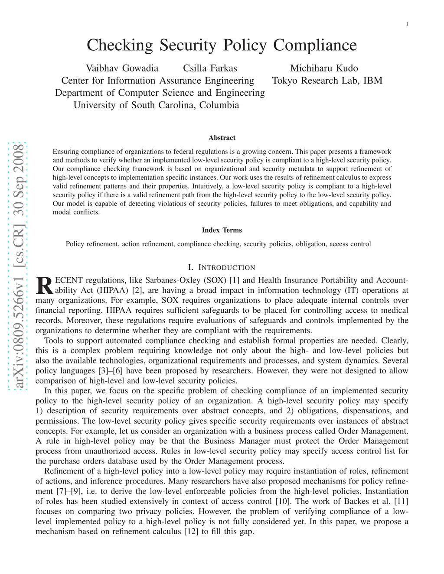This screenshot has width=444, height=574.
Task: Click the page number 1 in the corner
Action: click(407, 24)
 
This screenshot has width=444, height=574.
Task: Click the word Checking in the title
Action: click(120, 45)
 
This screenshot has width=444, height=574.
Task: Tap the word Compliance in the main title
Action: click(315, 45)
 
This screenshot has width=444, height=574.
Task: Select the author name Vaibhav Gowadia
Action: click(122, 68)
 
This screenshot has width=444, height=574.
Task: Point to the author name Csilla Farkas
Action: click(210, 68)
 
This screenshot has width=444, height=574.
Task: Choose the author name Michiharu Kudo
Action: click(324, 68)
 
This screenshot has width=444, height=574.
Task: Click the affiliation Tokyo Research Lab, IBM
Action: click(327, 81)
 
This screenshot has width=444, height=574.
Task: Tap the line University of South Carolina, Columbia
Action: click(156, 105)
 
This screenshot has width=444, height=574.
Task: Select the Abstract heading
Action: click(222, 138)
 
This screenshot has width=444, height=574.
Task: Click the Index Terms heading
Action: click(222, 230)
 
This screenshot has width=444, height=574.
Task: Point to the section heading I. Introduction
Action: click(222, 267)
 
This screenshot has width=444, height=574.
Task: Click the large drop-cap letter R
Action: click(43, 285)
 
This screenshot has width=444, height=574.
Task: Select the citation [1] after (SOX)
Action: click(234, 280)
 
